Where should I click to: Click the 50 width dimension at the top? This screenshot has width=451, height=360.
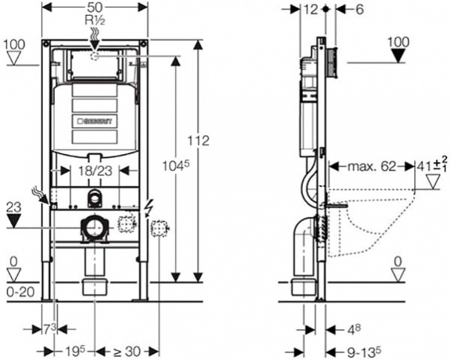click(x=95, y=6)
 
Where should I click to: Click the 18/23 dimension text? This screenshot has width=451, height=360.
click(x=95, y=171)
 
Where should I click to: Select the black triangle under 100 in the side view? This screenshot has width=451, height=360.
click(x=399, y=55)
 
